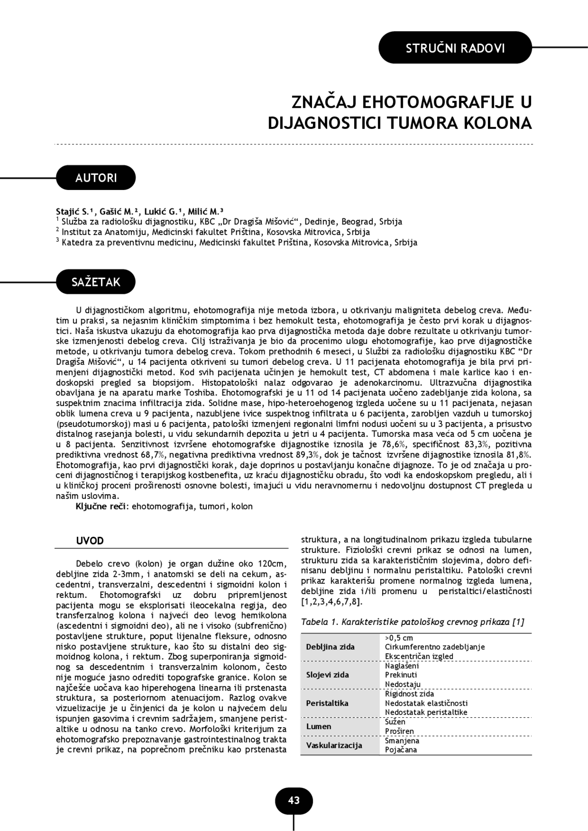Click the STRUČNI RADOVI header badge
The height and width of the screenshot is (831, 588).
[455, 48]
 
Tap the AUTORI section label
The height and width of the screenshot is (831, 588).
[96, 178]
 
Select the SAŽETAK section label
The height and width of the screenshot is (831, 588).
[96, 282]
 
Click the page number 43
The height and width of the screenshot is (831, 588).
[294, 801]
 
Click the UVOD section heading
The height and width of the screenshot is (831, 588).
[90, 541]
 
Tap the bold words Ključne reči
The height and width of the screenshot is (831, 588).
[101, 507]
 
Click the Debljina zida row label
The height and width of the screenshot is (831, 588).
[330, 647]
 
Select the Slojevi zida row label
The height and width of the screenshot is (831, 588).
[328, 675]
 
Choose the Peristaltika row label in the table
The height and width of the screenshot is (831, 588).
[327, 703]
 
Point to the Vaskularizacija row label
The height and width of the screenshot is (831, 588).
[334, 745]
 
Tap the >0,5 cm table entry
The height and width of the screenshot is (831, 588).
[399, 638]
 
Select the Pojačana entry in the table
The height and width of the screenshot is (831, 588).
[401, 750]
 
